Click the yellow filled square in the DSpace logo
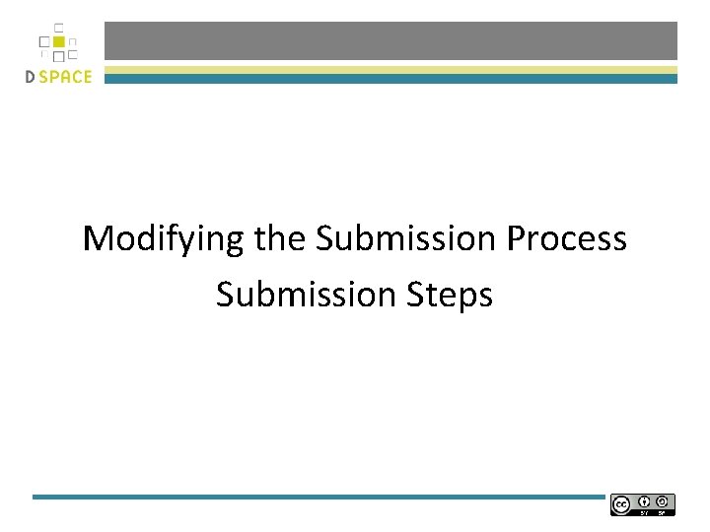pyautogui.click(x=59, y=42)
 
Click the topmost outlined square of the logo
pyautogui.click(x=59, y=28)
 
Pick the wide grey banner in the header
pyautogui.click(x=390, y=40)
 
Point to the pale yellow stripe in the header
pyautogui.click(x=390, y=70)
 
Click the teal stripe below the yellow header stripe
pyautogui.click(x=390, y=79)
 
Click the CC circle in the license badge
pyautogui.click(x=621, y=504)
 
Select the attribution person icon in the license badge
pyautogui.click(x=645, y=501)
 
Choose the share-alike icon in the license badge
pyautogui.click(x=663, y=501)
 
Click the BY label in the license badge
pyautogui.click(x=645, y=512)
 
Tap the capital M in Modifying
pyautogui.click(x=98, y=239)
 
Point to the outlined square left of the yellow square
pyautogui.click(x=44, y=42)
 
